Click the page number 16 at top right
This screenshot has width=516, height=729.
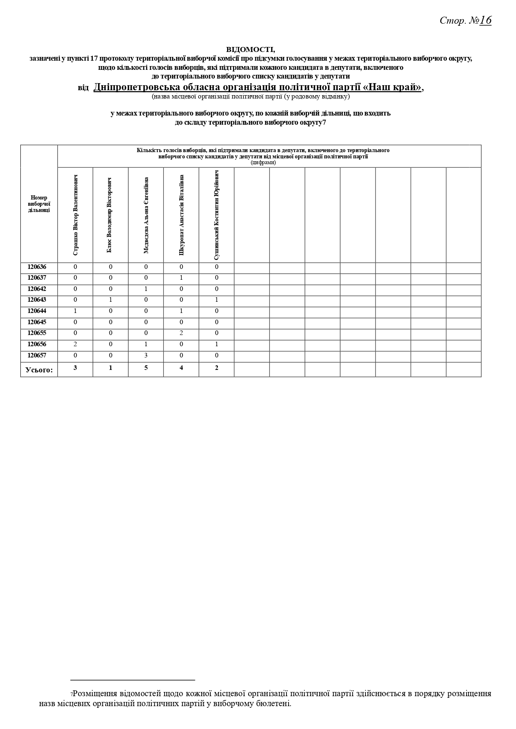point(485,20)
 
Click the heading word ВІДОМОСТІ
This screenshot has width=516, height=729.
point(250,49)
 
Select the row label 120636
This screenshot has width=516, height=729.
point(37,267)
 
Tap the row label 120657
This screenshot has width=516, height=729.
point(37,355)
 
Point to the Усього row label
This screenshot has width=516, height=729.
point(39,369)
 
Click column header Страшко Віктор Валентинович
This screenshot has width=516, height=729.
point(75,215)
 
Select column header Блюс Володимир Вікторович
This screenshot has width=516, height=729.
point(110,215)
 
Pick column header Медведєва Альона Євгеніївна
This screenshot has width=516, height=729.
point(146,215)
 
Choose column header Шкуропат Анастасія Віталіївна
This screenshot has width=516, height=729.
point(181,215)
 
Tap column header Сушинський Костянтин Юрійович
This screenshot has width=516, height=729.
point(216,215)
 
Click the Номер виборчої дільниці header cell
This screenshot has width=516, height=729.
point(39,204)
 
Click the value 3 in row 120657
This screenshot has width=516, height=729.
point(146,355)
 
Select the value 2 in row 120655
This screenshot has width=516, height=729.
point(181,333)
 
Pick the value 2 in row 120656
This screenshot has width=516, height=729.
point(75,344)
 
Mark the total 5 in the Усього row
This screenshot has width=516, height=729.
point(146,368)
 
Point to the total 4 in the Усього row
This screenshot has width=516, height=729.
point(181,368)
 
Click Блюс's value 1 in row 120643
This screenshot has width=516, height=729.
point(111,300)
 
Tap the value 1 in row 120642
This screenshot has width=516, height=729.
point(146,289)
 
